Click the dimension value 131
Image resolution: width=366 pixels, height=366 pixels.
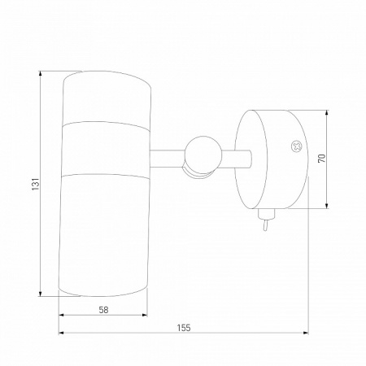point(36,184)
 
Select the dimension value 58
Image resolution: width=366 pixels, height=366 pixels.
point(103,310)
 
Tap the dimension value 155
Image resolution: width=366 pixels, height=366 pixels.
point(184,328)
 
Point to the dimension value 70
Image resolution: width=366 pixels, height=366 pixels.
point(321,158)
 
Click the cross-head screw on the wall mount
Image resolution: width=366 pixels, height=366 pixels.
point(297,146)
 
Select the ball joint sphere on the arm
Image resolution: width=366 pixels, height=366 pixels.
point(203,155)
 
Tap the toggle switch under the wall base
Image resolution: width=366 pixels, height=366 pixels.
point(266,219)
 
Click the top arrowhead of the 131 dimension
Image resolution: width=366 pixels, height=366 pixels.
point(41,73)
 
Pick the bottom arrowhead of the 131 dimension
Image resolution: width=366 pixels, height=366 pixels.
point(41,294)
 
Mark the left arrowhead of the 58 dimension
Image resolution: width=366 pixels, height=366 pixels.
point(62,315)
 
